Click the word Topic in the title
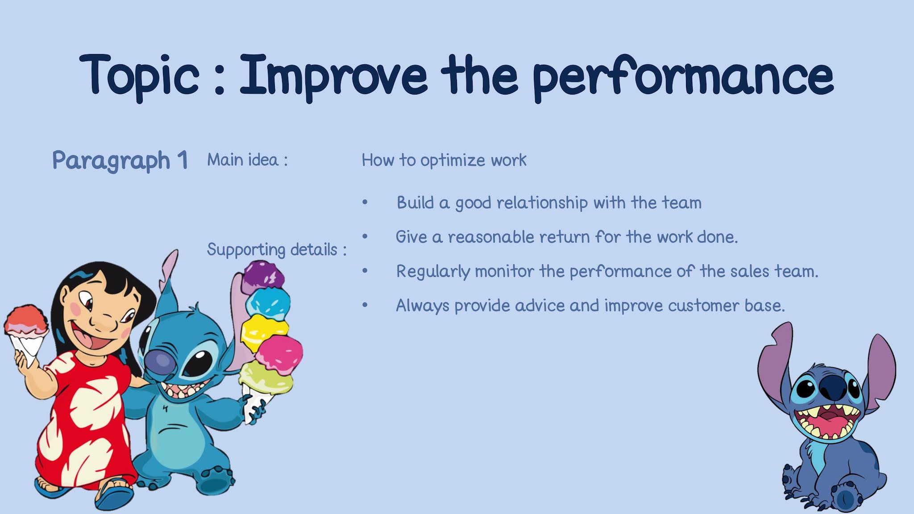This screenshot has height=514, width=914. pos(139,76)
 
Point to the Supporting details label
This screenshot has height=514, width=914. pos(277,249)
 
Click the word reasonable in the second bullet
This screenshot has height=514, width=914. pos(491,237)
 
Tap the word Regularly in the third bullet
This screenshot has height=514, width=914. pos(433,272)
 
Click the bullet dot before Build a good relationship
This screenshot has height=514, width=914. pos(365,203)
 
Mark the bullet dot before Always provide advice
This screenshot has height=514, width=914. pos(365,305)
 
